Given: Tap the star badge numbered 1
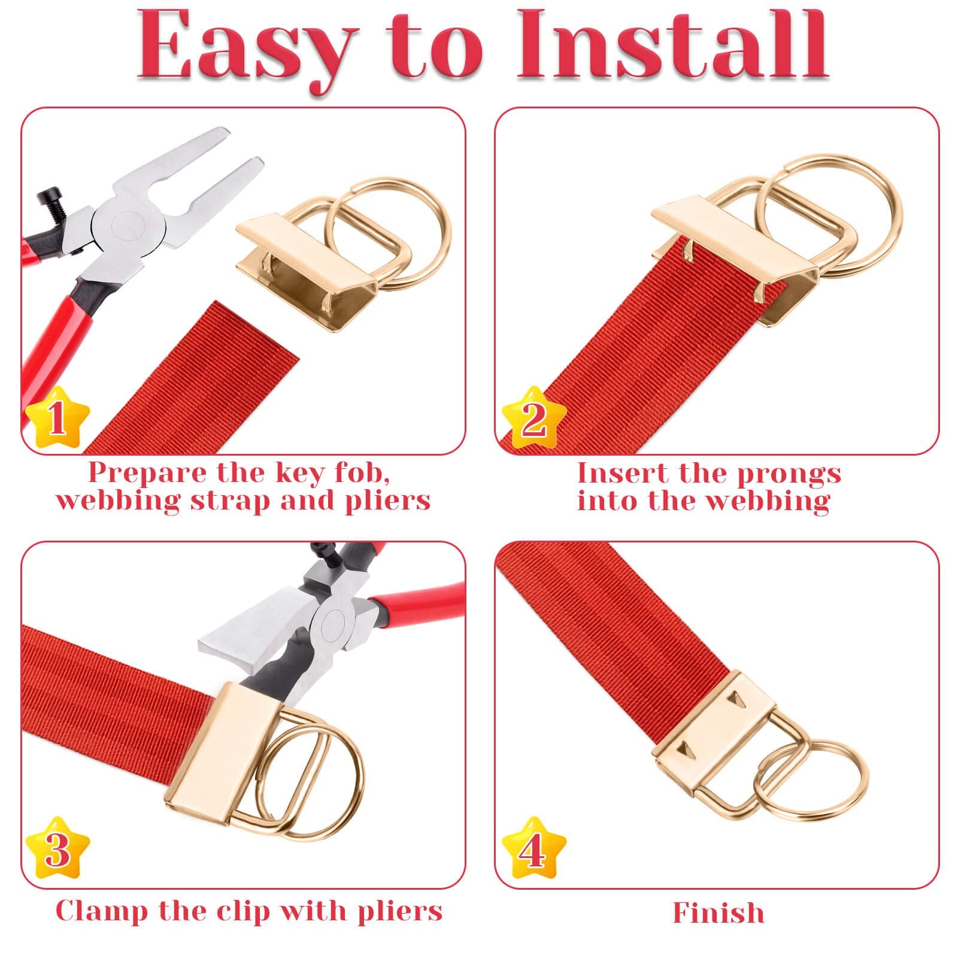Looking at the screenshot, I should click(57, 417).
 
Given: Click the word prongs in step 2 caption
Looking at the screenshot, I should click(789, 474).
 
